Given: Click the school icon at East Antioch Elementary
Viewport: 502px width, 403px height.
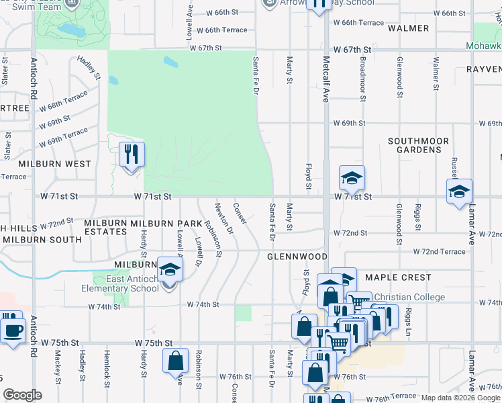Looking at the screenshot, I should click(x=170, y=270).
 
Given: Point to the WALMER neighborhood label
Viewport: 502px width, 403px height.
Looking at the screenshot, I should click(x=408, y=28).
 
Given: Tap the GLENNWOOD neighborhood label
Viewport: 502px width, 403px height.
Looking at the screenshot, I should click(x=297, y=257).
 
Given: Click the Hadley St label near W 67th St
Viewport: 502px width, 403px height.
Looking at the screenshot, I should click(x=89, y=68).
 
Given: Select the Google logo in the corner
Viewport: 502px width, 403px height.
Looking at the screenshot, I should click(x=22, y=395).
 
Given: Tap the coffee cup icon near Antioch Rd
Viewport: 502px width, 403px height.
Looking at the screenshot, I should click(x=13, y=331).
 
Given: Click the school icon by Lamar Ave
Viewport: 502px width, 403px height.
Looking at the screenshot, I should click(x=459, y=191).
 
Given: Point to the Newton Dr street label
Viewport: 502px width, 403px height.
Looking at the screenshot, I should click(x=223, y=218).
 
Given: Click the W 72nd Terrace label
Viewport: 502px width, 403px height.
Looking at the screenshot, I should click(x=440, y=251).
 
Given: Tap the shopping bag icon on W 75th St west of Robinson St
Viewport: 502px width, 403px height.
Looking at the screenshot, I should click(x=175, y=361).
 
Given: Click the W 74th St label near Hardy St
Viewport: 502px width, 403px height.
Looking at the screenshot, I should click(x=105, y=306).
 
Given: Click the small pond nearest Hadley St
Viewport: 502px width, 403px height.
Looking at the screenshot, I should click(x=113, y=81).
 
